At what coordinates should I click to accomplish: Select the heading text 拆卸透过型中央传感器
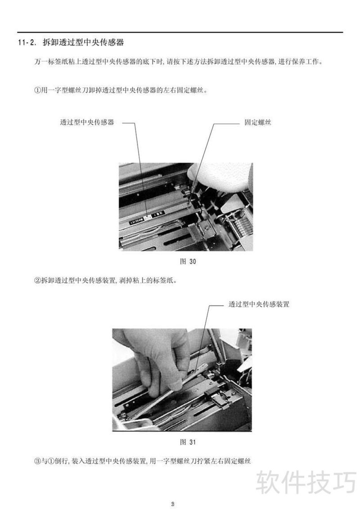[83, 43]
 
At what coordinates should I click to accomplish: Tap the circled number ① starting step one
[37, 90]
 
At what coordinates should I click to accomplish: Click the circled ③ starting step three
[37, 460]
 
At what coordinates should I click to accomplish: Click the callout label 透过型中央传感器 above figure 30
[87, 122]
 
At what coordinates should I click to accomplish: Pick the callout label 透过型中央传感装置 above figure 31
[259, 304]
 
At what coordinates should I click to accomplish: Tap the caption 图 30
[188, 261]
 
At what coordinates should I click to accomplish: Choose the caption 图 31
[188, 442]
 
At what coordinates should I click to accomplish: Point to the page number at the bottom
[173, 504]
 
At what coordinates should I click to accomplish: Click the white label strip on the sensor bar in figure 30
[146, 218]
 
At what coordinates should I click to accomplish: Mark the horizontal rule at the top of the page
[180, 32]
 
